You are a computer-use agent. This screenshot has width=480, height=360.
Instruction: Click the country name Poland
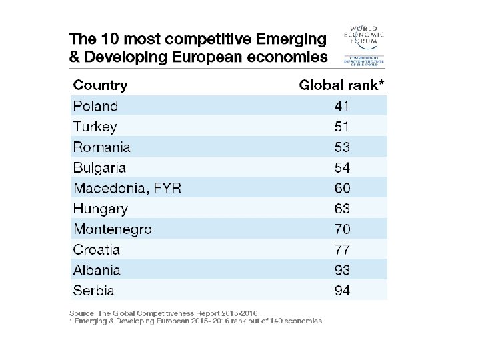pos(95,106)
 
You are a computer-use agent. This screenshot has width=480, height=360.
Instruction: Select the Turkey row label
pos(95,127)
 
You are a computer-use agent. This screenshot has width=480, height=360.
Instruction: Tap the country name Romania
pos(101,147)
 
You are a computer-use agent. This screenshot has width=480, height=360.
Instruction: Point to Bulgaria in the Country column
pos(99,168)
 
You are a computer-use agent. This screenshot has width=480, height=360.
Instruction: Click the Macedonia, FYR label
pos(127,189)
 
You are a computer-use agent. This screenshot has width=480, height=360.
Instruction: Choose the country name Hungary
pos(100,209)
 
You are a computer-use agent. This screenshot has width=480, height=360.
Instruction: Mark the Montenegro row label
pos(112,229)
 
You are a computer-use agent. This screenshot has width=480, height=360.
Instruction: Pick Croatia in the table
pos(97,250)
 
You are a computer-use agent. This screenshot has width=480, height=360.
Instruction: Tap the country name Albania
pos(97,270)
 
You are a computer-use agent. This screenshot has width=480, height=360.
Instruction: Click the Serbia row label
pos(93,291)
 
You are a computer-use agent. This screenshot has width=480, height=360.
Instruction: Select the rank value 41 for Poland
pos(342,106)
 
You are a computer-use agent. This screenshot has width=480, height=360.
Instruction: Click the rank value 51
pos(342,127)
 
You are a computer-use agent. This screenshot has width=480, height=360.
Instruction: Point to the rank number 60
pos(342,189)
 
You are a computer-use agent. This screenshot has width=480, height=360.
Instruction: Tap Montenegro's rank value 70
pos(342,229)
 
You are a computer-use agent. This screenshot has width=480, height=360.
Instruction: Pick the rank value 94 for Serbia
pos(342,291)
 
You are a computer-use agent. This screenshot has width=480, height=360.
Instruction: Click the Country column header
pos(100,85)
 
